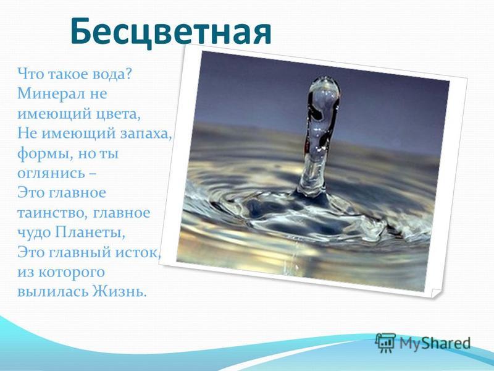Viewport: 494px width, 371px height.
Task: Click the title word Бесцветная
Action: click(171, 32)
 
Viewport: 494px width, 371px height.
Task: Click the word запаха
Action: click(146, 134)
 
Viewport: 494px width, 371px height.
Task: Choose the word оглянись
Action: click(51, 174)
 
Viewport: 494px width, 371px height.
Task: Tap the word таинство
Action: click(52, 213)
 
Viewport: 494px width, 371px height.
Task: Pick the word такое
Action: click(68, 74)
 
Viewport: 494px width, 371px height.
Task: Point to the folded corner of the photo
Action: click(436, 292)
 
